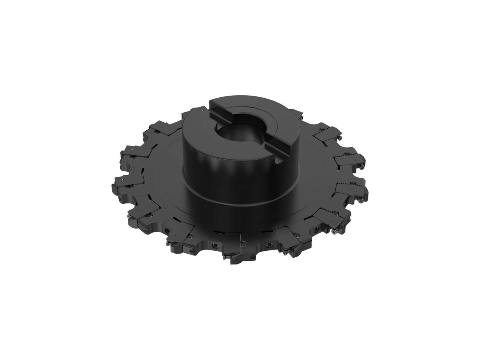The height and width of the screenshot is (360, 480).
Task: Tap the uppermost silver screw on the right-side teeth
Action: click(340, 137)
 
